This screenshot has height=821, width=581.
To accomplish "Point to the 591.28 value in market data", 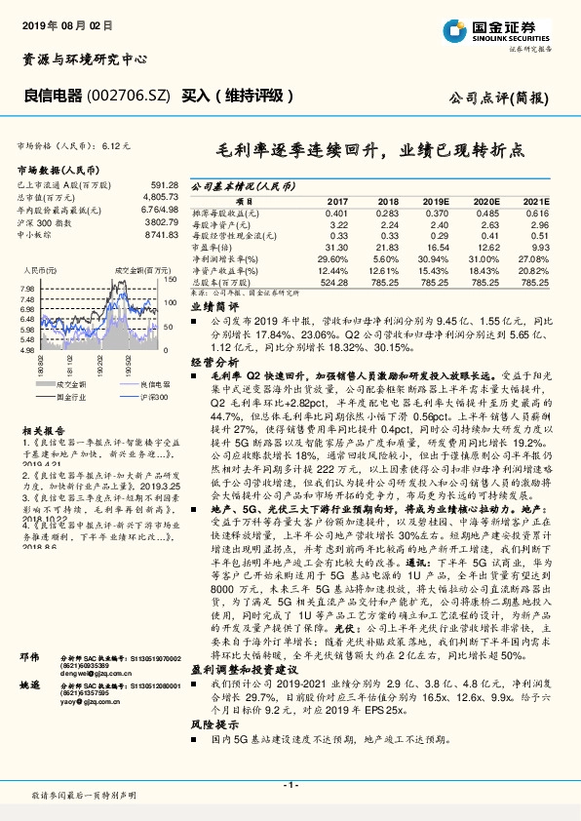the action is click(164, 184).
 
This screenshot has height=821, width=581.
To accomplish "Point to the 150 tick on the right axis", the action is click(170, 280).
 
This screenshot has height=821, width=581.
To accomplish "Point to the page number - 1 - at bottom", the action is click(290, 784).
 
